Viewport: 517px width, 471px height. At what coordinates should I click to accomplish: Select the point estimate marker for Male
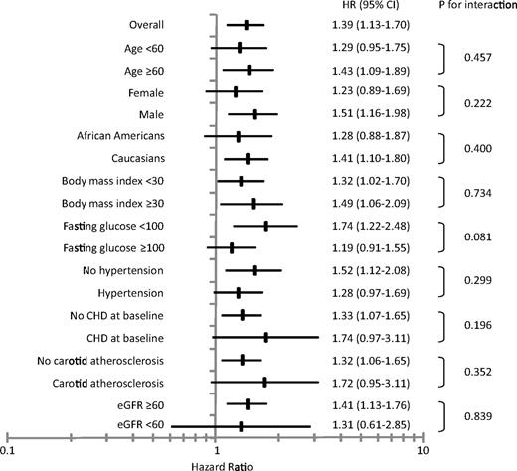point(255,114)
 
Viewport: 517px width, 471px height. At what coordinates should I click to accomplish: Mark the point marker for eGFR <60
point(241,426)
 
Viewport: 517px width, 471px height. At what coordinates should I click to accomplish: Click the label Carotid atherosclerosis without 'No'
point(115,382)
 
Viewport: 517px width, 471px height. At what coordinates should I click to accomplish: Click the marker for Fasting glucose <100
point(266,227)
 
